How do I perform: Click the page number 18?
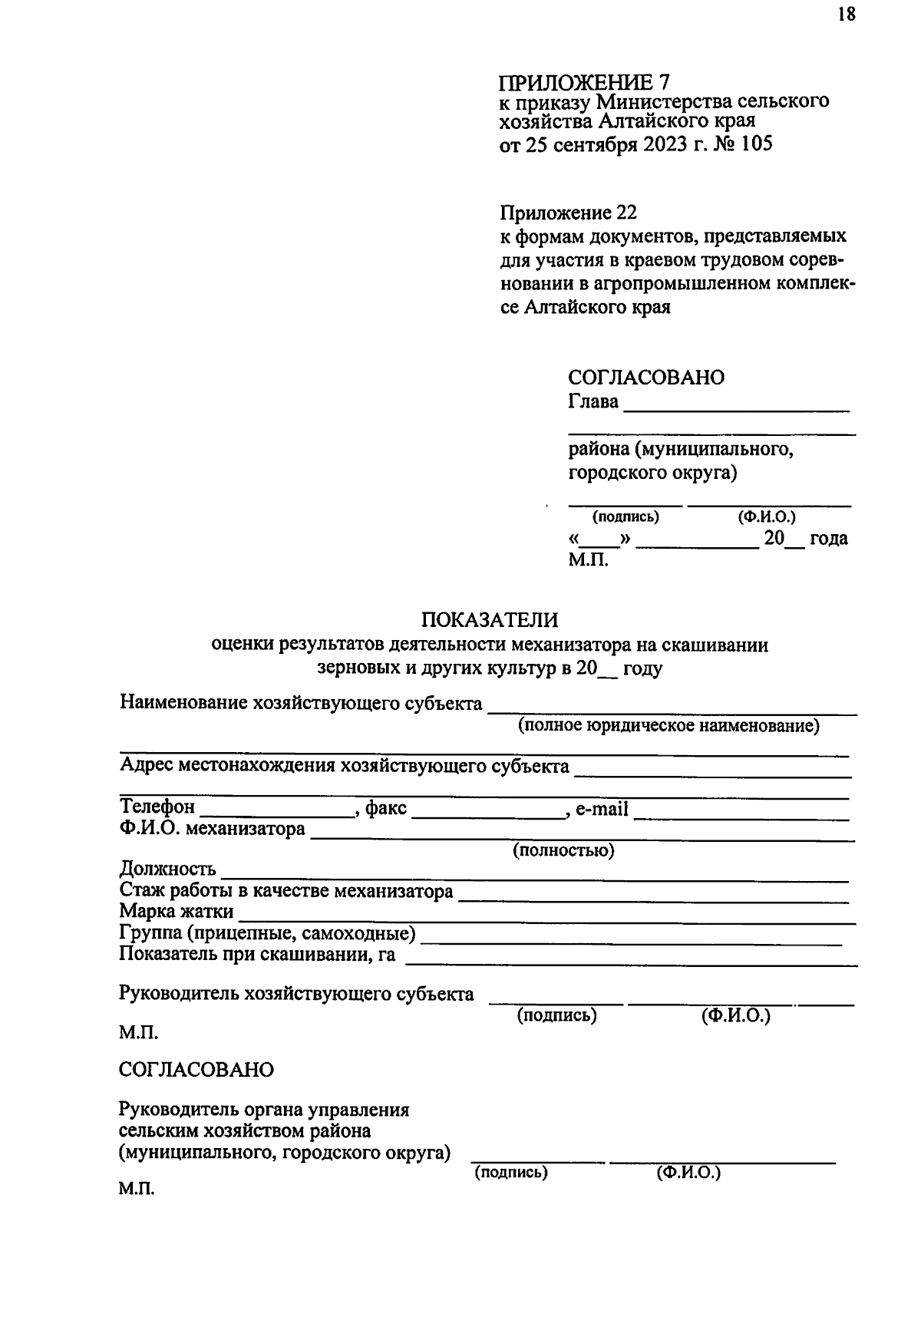pyautogui.click(x=846, y=15)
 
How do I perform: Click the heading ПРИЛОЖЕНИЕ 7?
pyautogui.click(x=584, y=82)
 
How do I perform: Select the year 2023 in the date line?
pyautogui.click(x=661, y=144)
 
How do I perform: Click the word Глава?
pyautogui.click(x=593, y=401)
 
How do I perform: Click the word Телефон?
pyautogui.click(x=157, y=807)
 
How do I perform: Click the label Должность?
pyautogui.click(x=167, y=870)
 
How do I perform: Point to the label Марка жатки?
pyautogui.click(x=176, y=912)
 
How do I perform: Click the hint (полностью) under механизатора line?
pyautogui.click(x=563, y=850)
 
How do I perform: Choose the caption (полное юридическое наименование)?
pyautogui.click(x=668, y=725)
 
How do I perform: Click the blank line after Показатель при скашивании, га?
pyautogui.click(x=629, y=962)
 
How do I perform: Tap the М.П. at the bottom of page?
pyautogui.click(x=137, y=1190)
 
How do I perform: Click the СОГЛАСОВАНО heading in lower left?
pyautogui.click(x=196, y=1070)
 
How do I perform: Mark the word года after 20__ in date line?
pyautogui.click(x=829, y=539)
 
